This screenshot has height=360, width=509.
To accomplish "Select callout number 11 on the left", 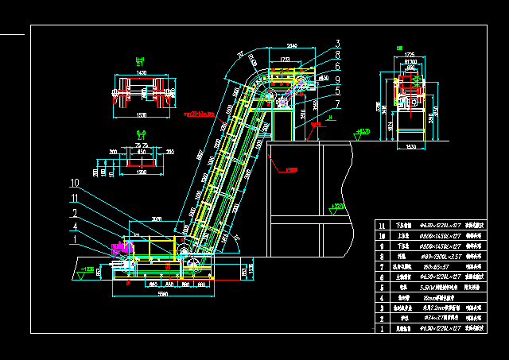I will click(x=74, y=198).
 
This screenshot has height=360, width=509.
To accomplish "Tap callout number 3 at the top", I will click(x=337, y=44).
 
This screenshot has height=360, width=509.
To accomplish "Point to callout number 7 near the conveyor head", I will click(x=337, y=103).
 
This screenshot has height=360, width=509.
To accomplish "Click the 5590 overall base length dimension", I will click(x=163, y=293).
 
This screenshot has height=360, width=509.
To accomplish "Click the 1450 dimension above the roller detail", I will click(x=142, y=72).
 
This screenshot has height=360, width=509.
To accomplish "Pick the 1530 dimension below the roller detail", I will click(x=142, y=115).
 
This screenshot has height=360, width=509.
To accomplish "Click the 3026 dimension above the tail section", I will click(x=157, y=218).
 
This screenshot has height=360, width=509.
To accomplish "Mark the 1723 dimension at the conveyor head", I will click(x=283, y=60).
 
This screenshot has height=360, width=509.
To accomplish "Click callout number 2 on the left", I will click(x=74, y=213).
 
